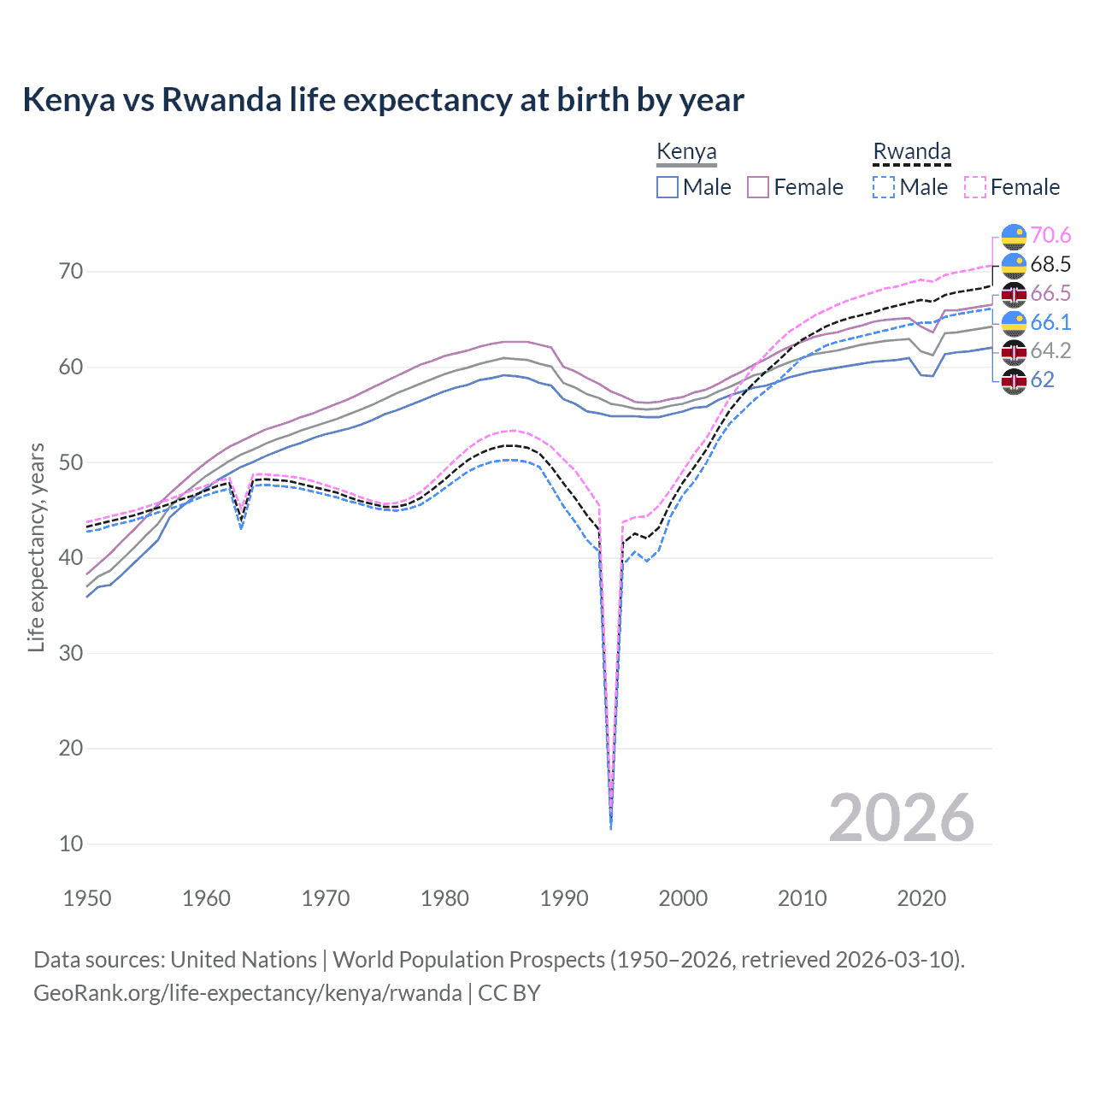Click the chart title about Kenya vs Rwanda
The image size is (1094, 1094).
coord(383,100)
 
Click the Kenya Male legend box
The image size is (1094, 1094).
coord(668,187)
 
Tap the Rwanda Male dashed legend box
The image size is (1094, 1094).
coord(884,187)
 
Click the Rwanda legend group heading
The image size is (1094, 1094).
coord(911,152)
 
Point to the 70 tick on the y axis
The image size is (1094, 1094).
coord(71,272)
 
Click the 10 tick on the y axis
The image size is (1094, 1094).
coord(71,844)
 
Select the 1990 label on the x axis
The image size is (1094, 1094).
coord(564,898)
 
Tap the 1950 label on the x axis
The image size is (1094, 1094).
coord(87,898)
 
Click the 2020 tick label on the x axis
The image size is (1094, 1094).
coord(921,898)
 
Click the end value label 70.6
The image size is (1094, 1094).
coord(1050,236)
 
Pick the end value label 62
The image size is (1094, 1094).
coord(1042,379)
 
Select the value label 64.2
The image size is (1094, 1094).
coord(1050,350)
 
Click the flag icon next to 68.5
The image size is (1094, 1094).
coord(1014,265)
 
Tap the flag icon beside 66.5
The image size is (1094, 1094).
coord(1014,294)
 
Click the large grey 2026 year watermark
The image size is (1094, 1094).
coord(901,818)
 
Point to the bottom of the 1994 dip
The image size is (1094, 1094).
coord(611,826)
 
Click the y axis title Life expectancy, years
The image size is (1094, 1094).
coord(36,547)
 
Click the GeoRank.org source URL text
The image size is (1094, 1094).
coord(248,993)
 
